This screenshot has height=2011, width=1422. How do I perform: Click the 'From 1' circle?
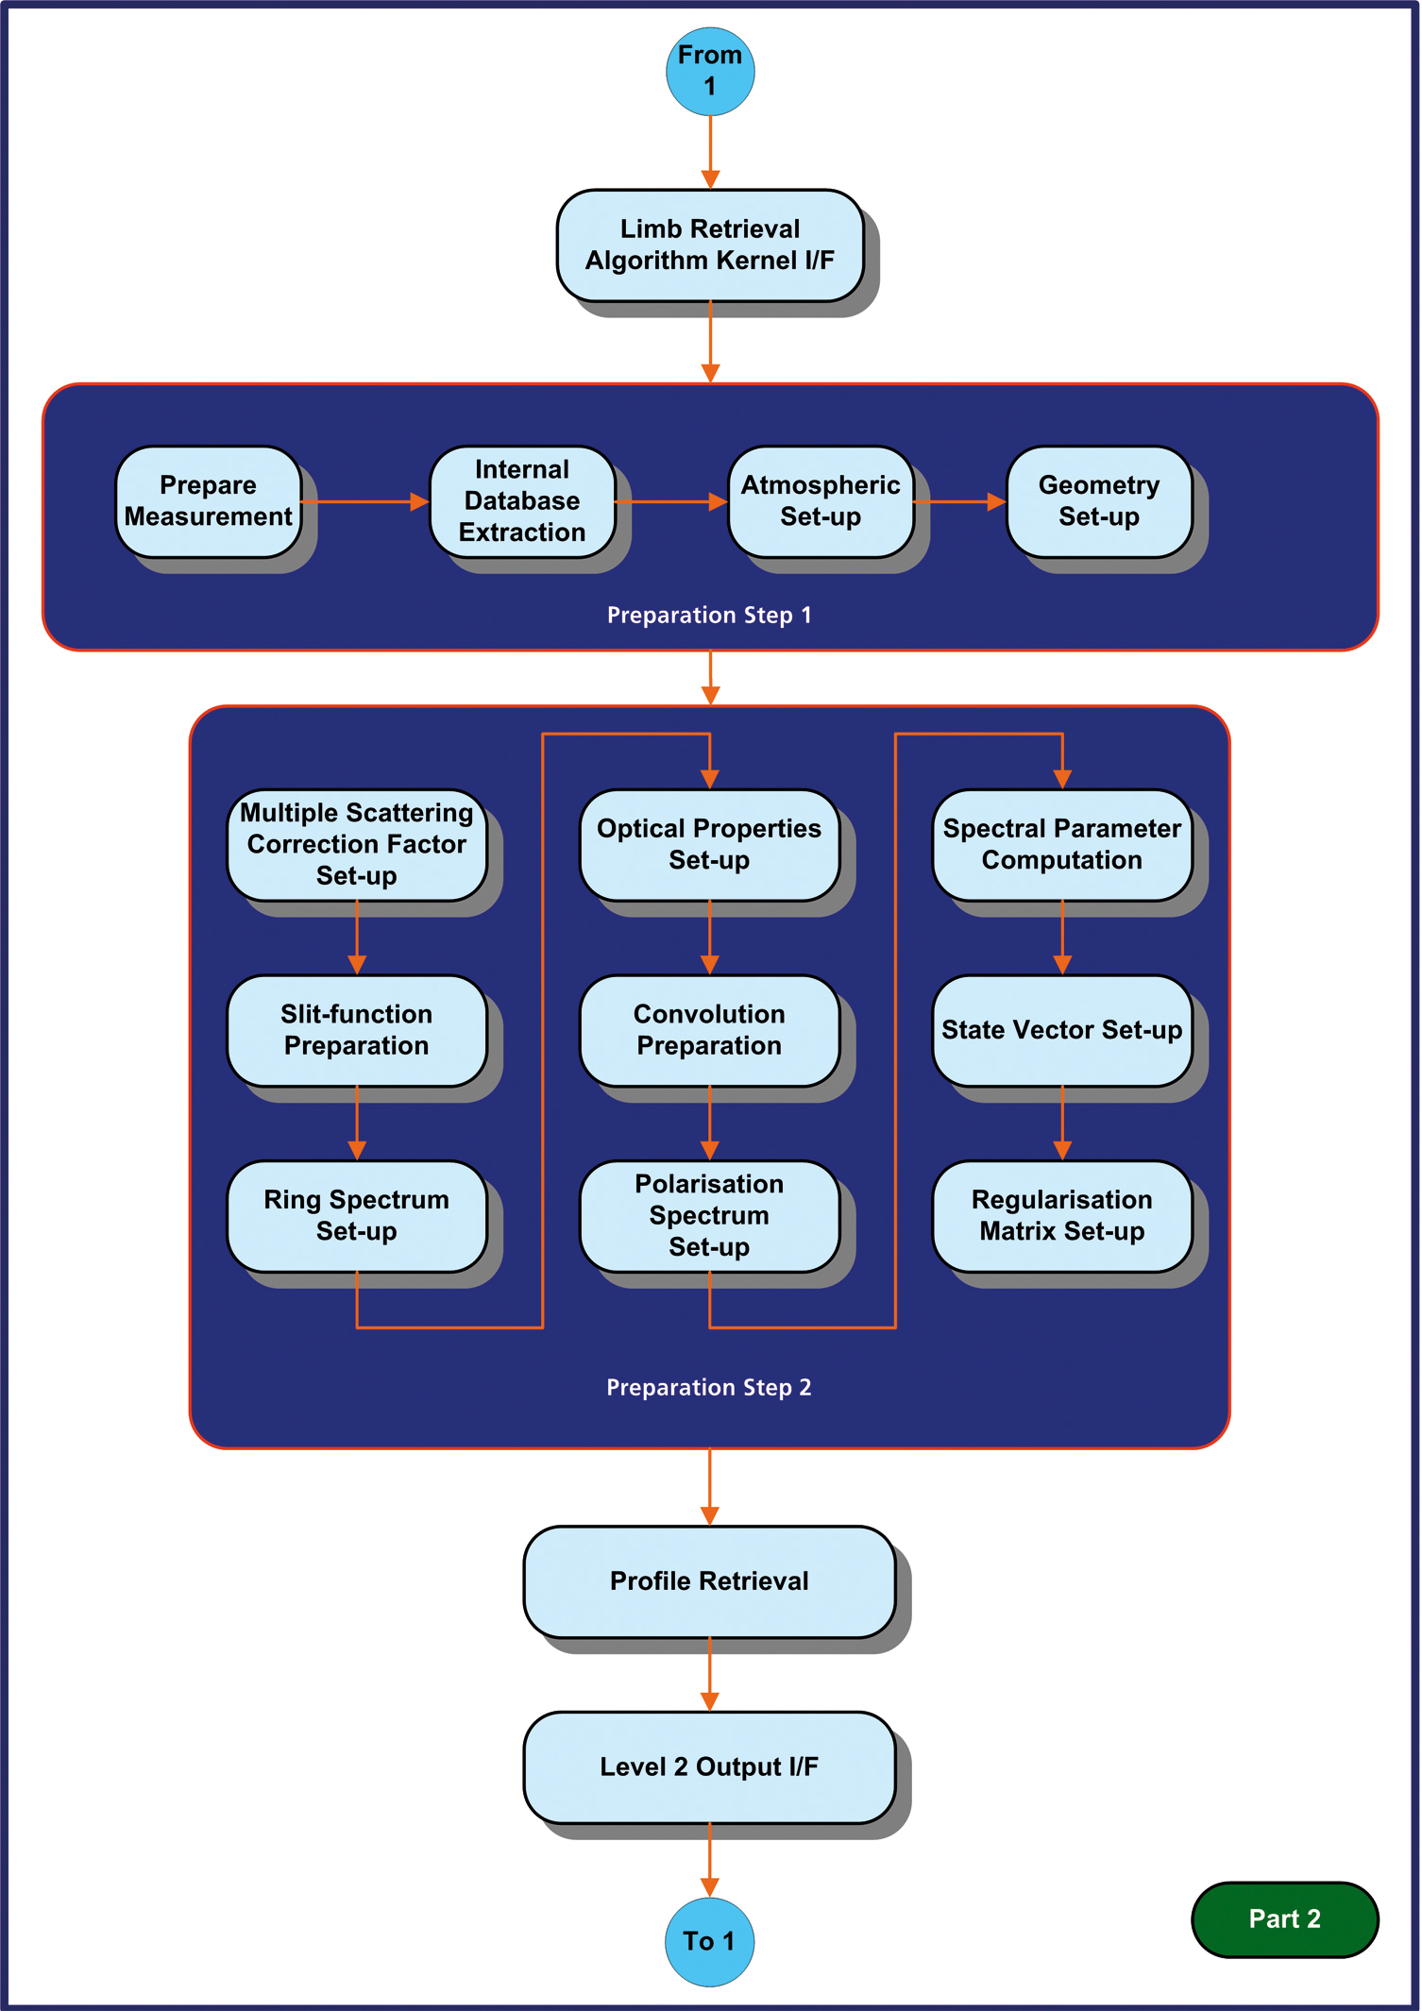pyautogui.click(x=710, y=71)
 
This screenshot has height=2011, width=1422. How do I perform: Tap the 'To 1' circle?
pyautogui.click(x=710, y=1941)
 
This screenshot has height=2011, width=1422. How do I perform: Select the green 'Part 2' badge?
pyautogui.click(x=1284, y=1918)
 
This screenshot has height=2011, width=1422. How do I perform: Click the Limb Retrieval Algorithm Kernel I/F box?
pyautogui.click(x=710, y=245)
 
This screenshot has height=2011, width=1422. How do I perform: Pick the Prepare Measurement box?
pyautogui.click(x=209, y=501)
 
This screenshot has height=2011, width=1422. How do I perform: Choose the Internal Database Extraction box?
pyautogui.click(x=522, y=501)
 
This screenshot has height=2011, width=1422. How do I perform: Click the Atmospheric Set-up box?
pyautogui.click(x=821, y=501)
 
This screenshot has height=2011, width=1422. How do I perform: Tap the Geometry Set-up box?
pyautogui.click(x=1099, y=501)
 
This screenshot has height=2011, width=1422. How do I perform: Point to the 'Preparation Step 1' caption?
pyautogui.click(x=709, y=616)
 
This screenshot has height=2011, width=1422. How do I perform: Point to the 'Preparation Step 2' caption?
pyautogui.click(x=709, y=1388)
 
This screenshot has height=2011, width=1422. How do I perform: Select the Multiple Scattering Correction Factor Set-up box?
pyautogui.click(x=357, y=845)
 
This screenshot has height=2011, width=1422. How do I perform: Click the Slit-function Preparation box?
pyautogui.click(x=357, y=1030)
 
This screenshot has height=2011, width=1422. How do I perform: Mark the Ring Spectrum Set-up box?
pyautogui.click(x=357, y=1216)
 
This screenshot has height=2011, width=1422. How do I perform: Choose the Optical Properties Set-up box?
pyautogui.click(x=709, y=845)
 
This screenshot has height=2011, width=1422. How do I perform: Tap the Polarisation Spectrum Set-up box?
pyautogui.click(x=709, y=1216)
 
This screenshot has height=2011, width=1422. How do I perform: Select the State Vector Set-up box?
pyautogui.click(x=1062, y=1030)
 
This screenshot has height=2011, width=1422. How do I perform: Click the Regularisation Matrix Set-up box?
pyautogui.click(x=1062, y=1216)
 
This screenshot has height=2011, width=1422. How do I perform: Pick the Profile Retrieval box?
pyautogui.click(x=709, y=1581)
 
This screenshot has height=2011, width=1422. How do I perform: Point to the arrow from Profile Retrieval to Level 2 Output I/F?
pyautogui.click(x=710, y=1675)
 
